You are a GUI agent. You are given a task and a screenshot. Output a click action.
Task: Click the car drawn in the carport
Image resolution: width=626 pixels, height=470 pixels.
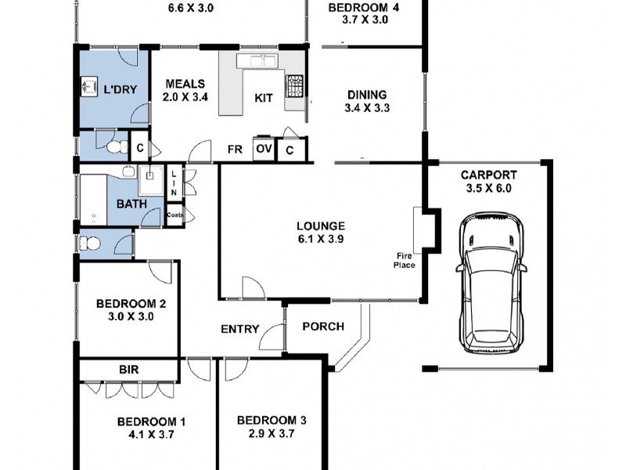[x=491, y=285]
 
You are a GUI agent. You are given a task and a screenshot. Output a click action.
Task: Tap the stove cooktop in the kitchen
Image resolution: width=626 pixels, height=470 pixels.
[x=295, y=86]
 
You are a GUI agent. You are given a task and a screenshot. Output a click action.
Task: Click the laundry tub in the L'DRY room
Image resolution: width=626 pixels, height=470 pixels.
[x=88, y=88]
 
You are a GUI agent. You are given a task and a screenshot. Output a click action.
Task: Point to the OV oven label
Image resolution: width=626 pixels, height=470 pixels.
[x=264, y=149]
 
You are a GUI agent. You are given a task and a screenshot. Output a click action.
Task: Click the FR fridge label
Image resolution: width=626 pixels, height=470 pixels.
[x=234, y=149]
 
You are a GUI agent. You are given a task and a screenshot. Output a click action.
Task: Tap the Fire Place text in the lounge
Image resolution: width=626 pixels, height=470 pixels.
[x=405, y=260]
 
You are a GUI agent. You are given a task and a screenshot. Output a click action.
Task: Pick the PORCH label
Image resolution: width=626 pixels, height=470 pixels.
[x=322, y=326]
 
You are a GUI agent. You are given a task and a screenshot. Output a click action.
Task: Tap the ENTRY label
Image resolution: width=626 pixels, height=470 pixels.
[x=239, y=329]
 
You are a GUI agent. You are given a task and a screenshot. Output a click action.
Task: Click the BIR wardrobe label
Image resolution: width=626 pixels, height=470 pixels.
[x=129, y=367]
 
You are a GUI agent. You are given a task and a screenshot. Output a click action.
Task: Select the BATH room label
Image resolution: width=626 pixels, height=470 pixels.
[x=131, y=204]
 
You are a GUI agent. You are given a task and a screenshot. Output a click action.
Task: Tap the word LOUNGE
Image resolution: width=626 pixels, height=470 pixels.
[x=321, y=226]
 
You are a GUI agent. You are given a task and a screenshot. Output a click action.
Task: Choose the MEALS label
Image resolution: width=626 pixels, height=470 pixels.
[x=185, y=84]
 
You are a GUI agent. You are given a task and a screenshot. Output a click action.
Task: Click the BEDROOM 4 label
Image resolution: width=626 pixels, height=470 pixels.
[x=365, y=8]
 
